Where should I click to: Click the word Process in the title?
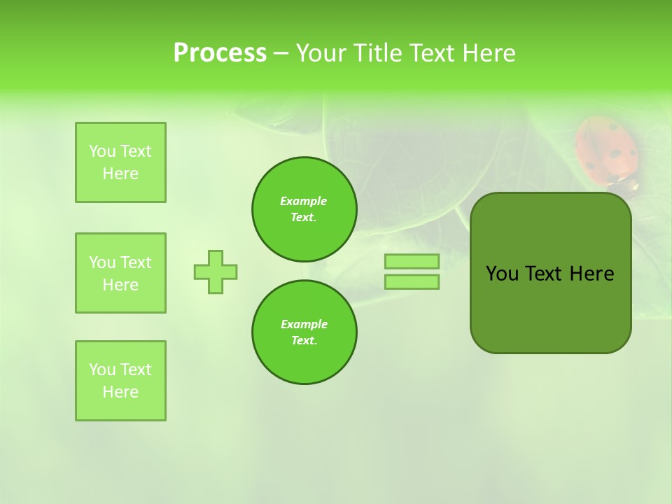pyautogui.click(x=220, y=52)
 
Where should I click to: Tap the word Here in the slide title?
pyautogui.click(x=488, y=52)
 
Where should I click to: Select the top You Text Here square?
pyautogui.click(x=120, y=162)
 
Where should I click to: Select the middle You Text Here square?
pyautogui.click(x=120, y=273)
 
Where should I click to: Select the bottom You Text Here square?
pyautogui.click(x=120, y=381)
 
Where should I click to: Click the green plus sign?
pyautogui.click(x=216, y=272)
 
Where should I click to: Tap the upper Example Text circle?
pyautogui.click(x=304, y=209)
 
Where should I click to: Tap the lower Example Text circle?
pyautogui.click(x=304, y=332)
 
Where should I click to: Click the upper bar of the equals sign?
pyautogui.click(x=412, y=261)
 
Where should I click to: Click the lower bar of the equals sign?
pyautogui.click(x=412, y=281)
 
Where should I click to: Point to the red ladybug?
pyautogui.click(x=606, y=150)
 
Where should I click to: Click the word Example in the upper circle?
pyautogui.click(x=304, y=201)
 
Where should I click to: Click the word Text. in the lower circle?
pyautogui.click(x=304, y=340)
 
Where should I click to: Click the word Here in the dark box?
pyautogui.click(x=591, y=274)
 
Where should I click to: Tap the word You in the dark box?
pyautogui.click(x=503, y=274)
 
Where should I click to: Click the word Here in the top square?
pyautogui.click(x=120, y=174)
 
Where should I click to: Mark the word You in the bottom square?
pyautogui.click(x=102, y=370)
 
